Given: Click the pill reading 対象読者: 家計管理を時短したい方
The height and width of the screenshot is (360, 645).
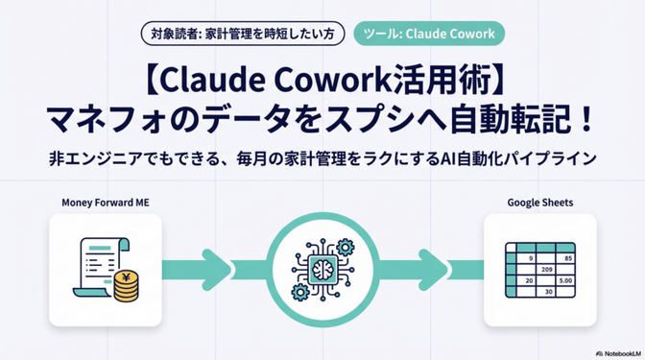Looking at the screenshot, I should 244,35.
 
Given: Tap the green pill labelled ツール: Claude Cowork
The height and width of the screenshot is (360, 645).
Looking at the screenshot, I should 428,35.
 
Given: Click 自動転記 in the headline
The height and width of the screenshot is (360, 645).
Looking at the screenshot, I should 519,120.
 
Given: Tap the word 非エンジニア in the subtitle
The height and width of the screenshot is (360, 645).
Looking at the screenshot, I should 96,158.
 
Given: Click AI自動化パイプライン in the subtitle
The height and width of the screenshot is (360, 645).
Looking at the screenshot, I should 518,158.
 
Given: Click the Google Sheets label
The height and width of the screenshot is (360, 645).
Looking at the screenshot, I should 540,204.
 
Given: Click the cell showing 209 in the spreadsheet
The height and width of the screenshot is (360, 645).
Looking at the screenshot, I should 549,269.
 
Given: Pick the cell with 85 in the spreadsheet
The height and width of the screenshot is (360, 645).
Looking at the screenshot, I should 569,258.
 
